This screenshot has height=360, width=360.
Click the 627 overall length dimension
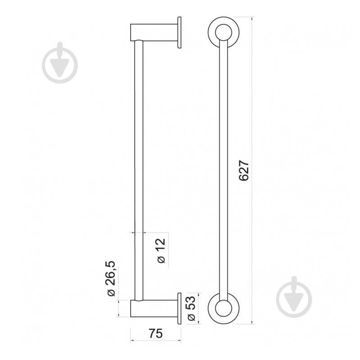(x=244, y=171)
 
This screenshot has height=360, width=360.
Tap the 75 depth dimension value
(x=155, y=333)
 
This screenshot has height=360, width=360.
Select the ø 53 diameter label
(x=191, y=308)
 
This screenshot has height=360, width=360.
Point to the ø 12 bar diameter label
(x=161, y=251)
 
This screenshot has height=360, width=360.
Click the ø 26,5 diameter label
(x=111, y=278)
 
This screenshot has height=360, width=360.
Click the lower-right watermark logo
(x=294, y=297)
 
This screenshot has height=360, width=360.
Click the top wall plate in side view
(x=179, y=32)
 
